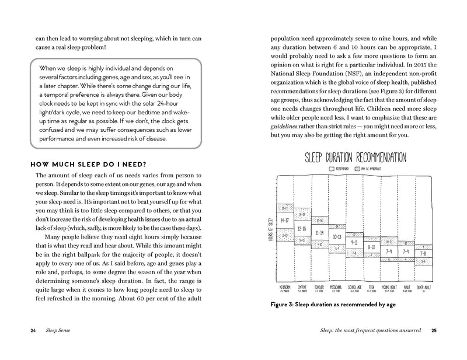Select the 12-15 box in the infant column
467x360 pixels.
click(x=302, y=229)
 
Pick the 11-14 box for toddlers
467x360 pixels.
click(x=319, y=232)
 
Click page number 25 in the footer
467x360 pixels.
click(x=433, y=330)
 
